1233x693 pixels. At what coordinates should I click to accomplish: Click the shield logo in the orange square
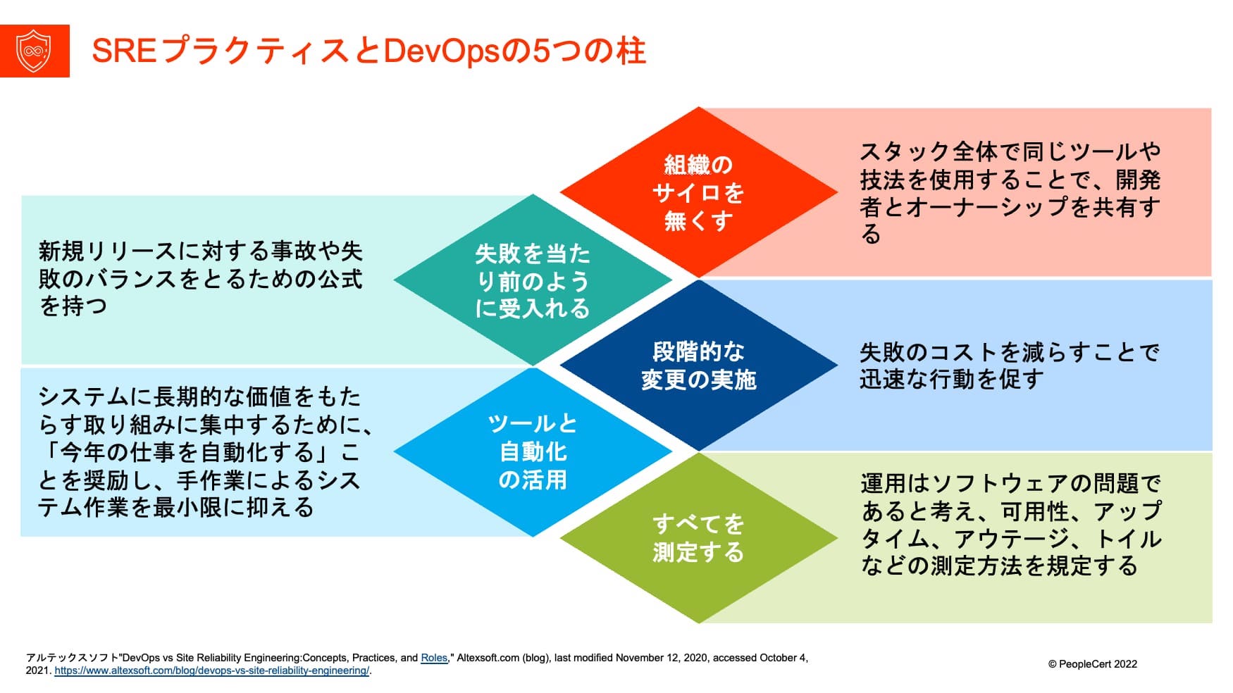(34, 51)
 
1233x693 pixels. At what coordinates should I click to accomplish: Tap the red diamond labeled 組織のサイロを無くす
(698, 192)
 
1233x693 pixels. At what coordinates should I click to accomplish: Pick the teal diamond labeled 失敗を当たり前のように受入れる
(533, 280)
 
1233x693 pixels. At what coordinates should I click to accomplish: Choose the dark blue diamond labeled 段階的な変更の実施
(698, 366)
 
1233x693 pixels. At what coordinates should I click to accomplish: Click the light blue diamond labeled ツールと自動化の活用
(533, 452)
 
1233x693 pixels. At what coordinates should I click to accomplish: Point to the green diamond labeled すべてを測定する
(698, 538)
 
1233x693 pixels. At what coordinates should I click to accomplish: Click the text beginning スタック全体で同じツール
(1009, 192)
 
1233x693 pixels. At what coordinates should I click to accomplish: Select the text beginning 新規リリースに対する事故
(200, 279)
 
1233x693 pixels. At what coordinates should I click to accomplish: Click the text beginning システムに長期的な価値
(204, 452)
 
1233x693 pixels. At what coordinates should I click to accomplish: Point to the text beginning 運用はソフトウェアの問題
(1010, 525)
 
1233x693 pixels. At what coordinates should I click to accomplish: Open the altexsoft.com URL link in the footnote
(211, 671)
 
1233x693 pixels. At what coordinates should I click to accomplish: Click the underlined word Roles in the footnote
(434, 658)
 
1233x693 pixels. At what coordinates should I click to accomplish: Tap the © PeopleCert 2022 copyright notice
(1092, 664)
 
